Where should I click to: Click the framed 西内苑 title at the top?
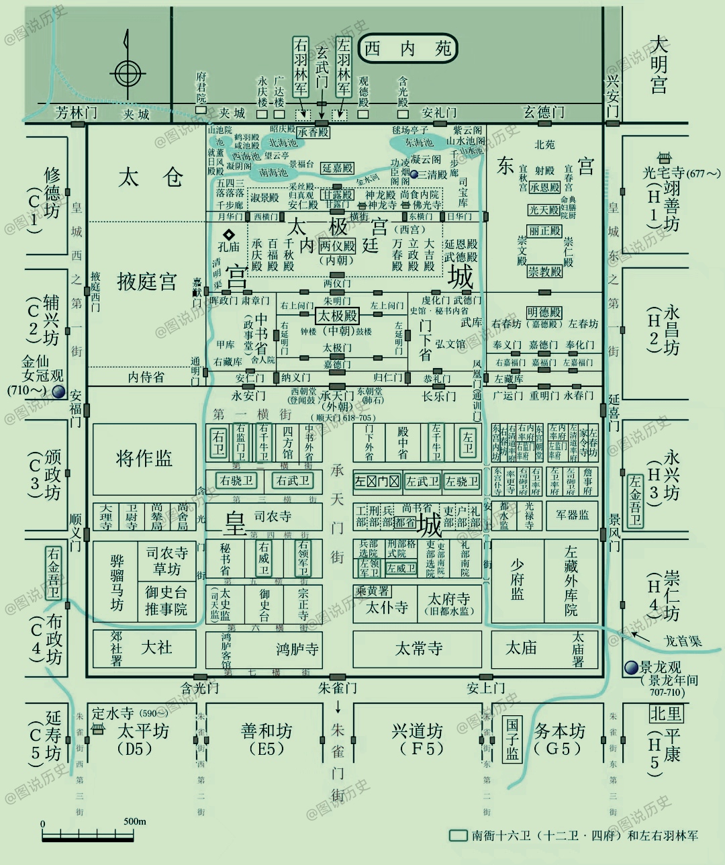pos(407,48)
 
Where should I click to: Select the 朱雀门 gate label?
pos(338,688)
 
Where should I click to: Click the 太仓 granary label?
pos(150,177)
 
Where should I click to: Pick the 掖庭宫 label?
pos(146,281)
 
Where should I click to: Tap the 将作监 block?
pos(144,459)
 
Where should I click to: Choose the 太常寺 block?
pos(418,648)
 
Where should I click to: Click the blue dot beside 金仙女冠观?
pos(60,392)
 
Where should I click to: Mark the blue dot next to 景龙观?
pos(631,668)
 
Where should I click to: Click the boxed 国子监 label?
pos(512,738)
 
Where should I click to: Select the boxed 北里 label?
pos(666,713)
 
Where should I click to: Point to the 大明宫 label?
pos(659,65)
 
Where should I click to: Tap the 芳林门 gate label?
pos(75,113)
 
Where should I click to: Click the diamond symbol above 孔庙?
pos(229,234)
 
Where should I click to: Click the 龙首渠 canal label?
pos(683,641)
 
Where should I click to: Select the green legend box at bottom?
pos(458,835)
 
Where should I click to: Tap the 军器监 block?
pos(572,515)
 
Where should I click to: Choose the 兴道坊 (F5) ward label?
pos(418,738)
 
